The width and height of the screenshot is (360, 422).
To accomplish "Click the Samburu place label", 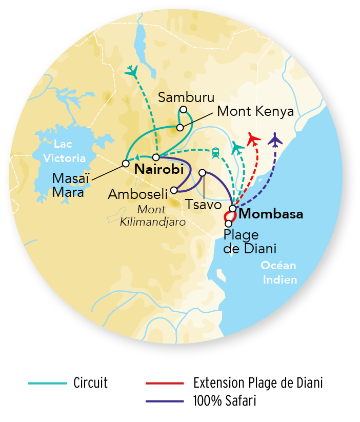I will [187, 97].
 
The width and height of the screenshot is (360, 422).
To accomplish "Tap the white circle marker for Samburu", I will [183, 110].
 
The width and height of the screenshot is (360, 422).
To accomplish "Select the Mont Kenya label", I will [255, 111].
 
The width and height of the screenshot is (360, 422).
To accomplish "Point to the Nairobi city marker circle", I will [156, 157].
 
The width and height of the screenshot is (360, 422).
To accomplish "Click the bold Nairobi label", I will [159, 168].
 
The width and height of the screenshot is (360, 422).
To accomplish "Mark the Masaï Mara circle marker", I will [125, 164].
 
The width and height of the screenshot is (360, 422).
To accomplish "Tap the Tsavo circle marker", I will [202, 173].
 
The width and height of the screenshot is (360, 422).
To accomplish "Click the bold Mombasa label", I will [271, 214].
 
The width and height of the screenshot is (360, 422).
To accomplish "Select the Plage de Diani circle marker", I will [228, 224].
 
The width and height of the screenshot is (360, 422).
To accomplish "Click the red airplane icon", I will [253, 138].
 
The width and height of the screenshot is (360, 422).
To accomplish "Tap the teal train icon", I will [215, 152].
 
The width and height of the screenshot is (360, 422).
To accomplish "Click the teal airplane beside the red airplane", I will [237, 148].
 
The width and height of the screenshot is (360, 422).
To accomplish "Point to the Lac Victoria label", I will [65, 151].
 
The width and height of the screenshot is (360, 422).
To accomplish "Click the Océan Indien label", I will [279, 272].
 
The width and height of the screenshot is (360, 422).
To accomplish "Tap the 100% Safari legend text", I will [224, 400].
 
